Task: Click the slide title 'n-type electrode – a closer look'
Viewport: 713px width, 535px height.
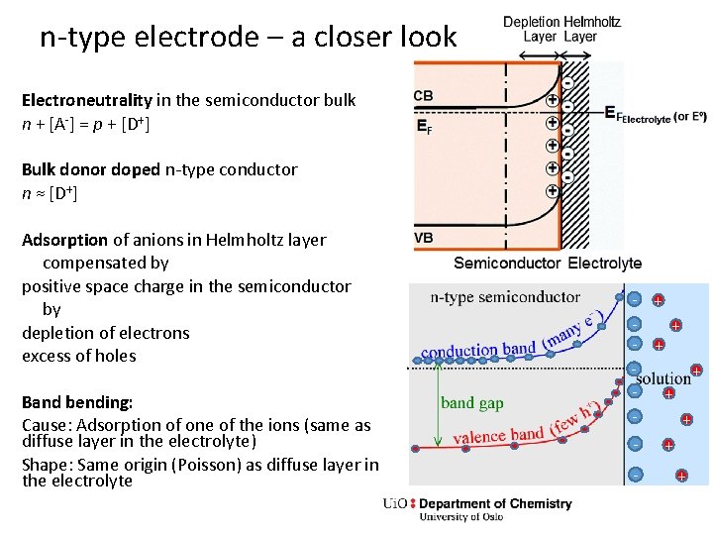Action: point(248,38)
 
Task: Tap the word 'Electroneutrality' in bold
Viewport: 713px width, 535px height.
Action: point(87,100)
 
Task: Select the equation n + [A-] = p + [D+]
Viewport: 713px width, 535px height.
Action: point(85,124)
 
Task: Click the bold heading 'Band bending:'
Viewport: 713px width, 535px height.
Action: point(77,403)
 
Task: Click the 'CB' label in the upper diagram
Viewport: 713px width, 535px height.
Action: point(424,96)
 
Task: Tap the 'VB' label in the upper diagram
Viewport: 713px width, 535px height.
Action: point(424,238)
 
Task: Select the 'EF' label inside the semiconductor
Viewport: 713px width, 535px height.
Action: point(424,127)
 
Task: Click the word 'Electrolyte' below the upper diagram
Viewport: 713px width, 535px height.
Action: point(605,264)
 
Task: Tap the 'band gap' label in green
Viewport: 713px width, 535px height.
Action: point(471,402)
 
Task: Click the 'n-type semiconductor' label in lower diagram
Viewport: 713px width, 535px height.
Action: point(505,297)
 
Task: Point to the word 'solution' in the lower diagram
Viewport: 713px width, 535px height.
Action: point(663,378)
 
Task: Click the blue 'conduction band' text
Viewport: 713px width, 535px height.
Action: point(479,350)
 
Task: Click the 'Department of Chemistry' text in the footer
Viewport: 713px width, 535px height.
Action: point(495,503)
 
